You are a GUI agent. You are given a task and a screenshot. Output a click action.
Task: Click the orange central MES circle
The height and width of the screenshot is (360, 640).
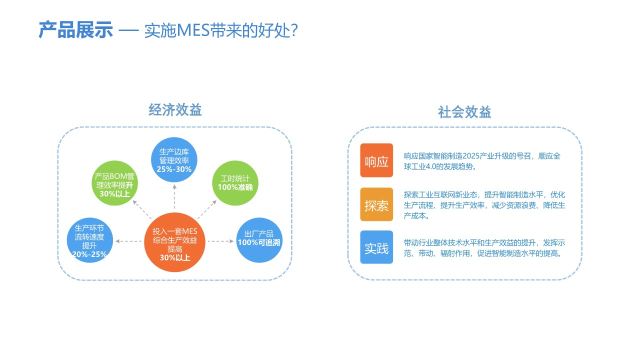click(x=174, y=241)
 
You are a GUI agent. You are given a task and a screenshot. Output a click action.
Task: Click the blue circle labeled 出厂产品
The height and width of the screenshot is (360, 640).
click(x=258, y=239)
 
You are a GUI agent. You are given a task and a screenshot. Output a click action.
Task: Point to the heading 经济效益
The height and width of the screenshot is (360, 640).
click(x=175, y=110)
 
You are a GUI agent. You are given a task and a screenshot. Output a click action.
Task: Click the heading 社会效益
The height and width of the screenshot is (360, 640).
click(x=464, y=112)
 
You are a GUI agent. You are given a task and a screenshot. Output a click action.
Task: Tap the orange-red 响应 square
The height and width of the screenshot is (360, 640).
click(x=376, y=161)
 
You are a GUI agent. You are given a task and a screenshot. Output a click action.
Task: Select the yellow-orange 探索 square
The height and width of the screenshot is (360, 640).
click(x=376, y=205)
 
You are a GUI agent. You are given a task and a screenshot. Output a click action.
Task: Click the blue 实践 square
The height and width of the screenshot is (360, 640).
click(x=376, y=247)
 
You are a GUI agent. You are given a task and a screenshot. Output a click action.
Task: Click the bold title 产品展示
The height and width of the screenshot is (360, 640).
click(x=75, y=30)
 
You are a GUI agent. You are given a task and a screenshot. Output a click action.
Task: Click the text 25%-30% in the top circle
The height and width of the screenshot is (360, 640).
click(x=174, y=169)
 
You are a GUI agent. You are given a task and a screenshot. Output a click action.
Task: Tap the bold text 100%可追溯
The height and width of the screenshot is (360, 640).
click(x=259, y=243)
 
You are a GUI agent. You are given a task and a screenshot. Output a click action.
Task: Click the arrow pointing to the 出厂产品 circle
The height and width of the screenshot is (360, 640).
click(x=221, y=241)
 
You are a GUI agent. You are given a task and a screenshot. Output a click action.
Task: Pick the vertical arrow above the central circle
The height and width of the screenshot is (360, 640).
click(x=174, y=196)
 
